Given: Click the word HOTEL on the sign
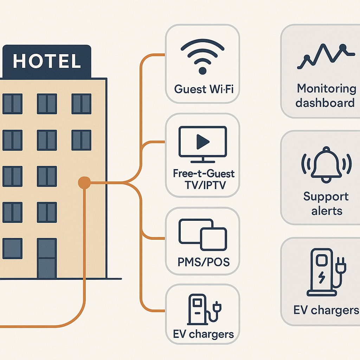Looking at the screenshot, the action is coord(47,61).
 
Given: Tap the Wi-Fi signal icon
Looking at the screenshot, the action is coord(202,57).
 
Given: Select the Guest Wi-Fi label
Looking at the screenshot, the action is coord(204,89).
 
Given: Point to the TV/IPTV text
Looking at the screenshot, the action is coord(205,185).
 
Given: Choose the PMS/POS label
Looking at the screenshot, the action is coord(204,262).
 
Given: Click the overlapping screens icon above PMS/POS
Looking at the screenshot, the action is coord(203,234).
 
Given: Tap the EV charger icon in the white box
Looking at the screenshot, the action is coord(204,309).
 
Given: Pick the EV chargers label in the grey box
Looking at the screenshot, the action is coord(326,310).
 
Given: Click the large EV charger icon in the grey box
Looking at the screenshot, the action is coord(326,272).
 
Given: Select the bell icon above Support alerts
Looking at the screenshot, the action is coord(326,165).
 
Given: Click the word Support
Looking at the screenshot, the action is coord(326,197).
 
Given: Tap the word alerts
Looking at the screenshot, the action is coord(327,211).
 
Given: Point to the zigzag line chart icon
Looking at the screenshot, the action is coord(326,56).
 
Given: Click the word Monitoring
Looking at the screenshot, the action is coord(327,89).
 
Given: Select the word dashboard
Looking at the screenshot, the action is coord(325,103).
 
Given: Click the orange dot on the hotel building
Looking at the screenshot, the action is coord(84,183).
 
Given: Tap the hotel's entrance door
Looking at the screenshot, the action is coord(47,258).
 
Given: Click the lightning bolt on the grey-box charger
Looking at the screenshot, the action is coord(322,277).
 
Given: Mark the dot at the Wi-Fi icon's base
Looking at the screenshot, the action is coord(202,71).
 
